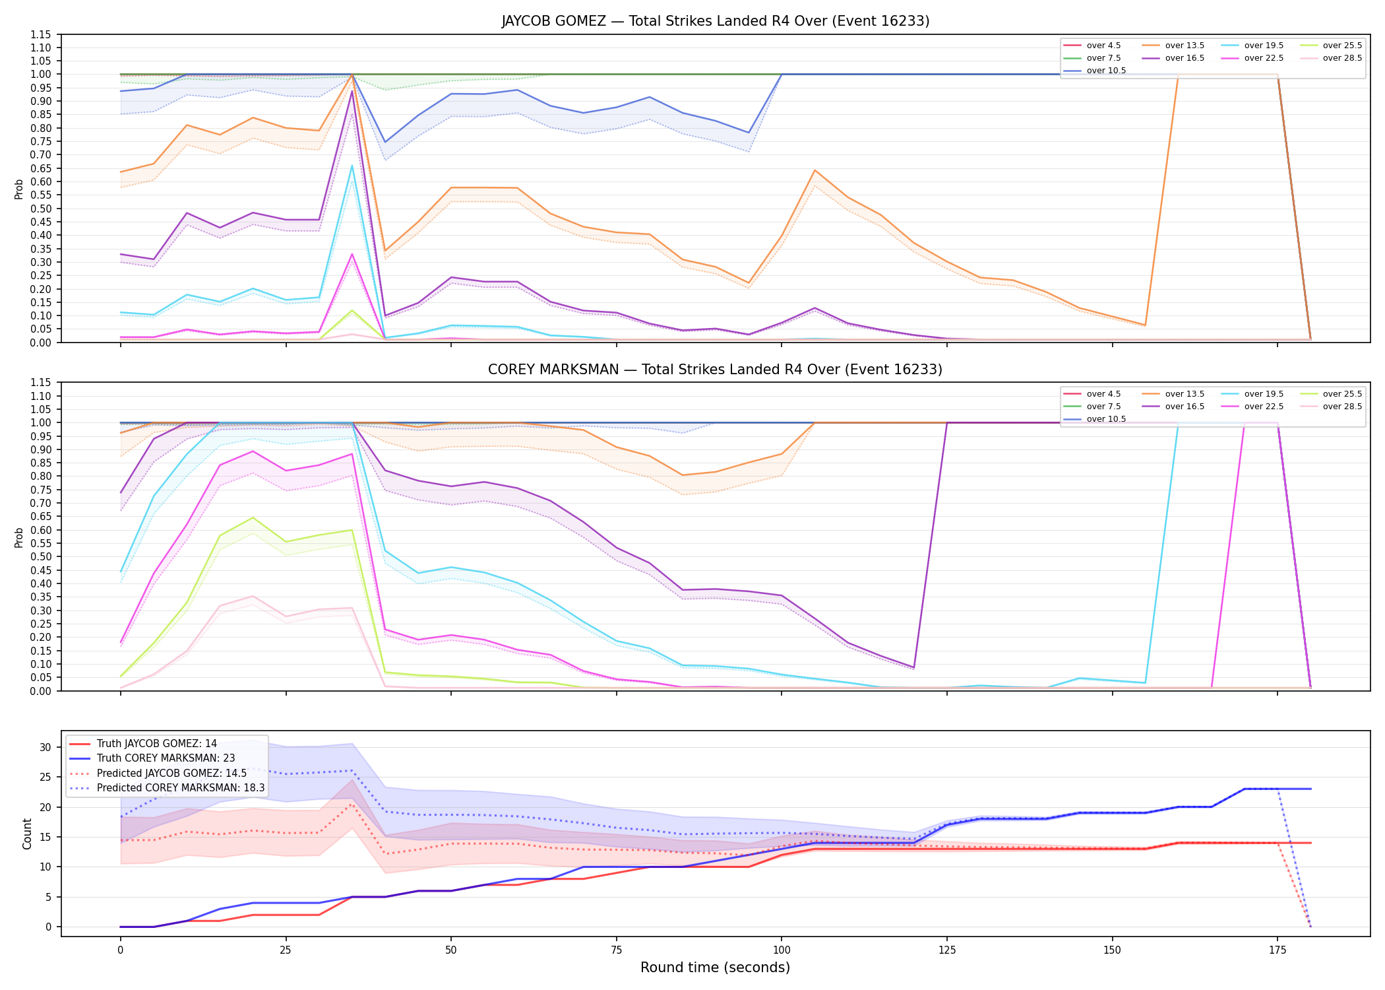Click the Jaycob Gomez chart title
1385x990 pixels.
point(715,21)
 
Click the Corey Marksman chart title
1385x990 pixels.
point(715,370)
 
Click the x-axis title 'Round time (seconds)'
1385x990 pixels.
point(715,968)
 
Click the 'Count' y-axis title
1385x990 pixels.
point(27,834)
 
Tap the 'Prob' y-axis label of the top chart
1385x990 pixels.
point(19,189)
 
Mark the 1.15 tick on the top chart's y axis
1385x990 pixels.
point(41,34)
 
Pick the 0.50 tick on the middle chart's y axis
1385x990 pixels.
point(41,557)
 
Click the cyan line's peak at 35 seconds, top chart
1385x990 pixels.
point(352,165)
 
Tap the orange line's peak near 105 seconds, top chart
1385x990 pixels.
point(815,170)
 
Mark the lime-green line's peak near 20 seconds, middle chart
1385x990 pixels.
point(253,517)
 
